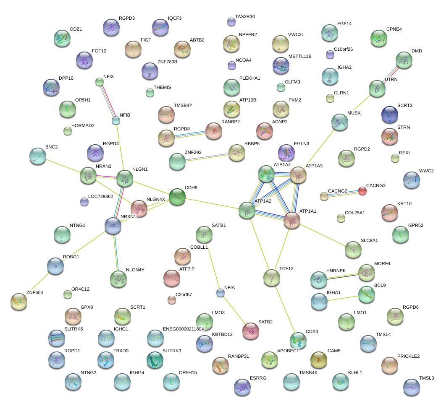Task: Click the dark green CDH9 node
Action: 177,197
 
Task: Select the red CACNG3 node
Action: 362,191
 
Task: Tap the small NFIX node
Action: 100,82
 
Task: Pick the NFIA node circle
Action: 220,293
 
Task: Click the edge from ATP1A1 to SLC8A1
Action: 323,235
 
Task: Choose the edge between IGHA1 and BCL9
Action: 342,298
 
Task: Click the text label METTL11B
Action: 300,56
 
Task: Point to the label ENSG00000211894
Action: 183,329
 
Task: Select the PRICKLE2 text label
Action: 409,356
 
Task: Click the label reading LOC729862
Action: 101,196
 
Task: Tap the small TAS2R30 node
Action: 231,21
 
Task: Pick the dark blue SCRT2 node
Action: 390,115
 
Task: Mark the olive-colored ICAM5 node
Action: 319,359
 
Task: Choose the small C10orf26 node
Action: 330,54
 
